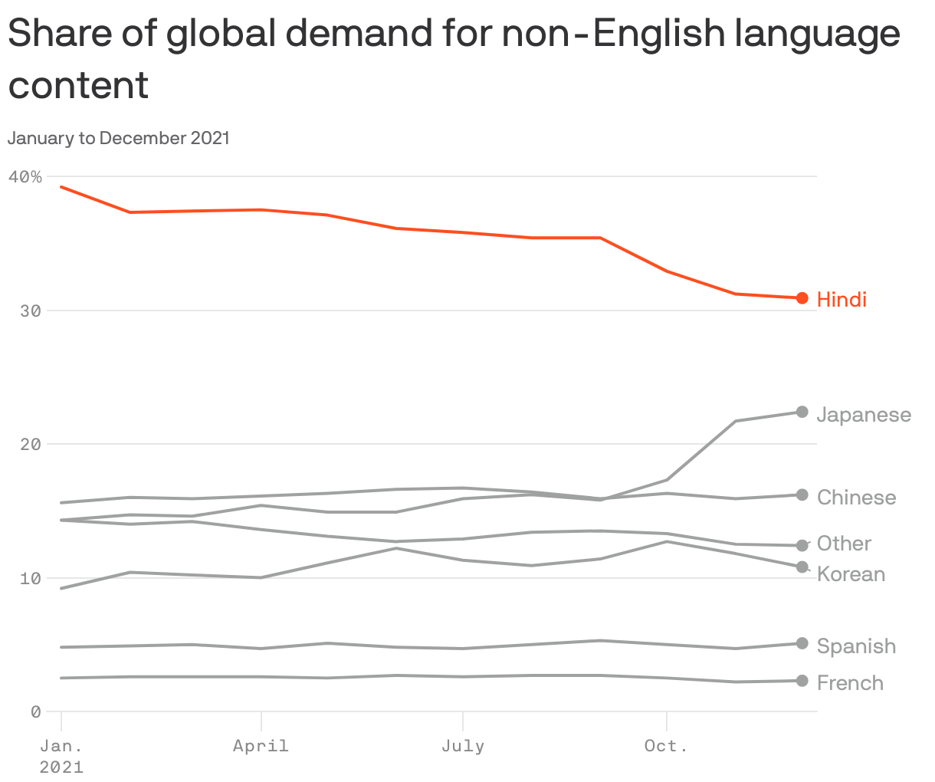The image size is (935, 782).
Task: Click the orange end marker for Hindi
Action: [802, 298]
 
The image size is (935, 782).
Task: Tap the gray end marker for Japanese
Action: [802, 412]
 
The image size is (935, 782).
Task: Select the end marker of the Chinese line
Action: [802, 495]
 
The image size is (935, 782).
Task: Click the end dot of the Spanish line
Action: [802, 643]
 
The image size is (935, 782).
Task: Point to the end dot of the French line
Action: [802, 681]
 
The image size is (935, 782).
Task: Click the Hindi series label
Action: [841, 299]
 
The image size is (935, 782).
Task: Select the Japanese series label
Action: [864, 415]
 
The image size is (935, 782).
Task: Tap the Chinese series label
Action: [856, 498]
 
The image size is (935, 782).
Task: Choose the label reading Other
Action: [844, 544]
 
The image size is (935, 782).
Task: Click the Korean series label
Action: [851, 574]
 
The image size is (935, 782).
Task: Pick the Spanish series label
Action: [856, 646]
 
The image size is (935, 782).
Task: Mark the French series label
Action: [850, 683]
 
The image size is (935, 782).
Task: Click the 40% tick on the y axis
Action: [25, 177]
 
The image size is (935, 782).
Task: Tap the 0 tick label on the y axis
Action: [35, 711]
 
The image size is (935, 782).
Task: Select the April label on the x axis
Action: [261, 746]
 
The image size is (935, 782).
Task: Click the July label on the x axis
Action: [463, 746]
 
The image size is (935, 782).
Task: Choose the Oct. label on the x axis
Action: [666, 746]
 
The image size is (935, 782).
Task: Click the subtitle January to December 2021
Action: [119, 138]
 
